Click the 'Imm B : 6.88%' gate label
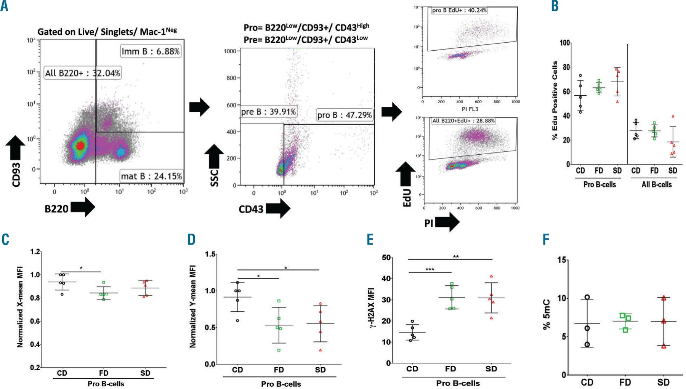click(x=151, y=51)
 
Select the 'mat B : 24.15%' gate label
click(x=151, y=176)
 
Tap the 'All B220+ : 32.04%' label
click(x=83, y=73)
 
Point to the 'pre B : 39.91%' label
click(x=268, y=112)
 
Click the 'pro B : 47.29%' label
click(x=345, y=115)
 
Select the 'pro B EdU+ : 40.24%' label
click(x=459, y=11)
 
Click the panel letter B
click(x=555, y=6)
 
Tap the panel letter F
click(x=546, y=240)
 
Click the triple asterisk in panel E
click(x=430, y=270)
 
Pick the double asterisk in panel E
click(x=455, y=257)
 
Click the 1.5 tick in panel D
click(x=210, y=254)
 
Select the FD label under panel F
click(x=625, y=382)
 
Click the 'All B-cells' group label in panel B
click(x=657, y=185)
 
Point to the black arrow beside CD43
click(x=278, y=208)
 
